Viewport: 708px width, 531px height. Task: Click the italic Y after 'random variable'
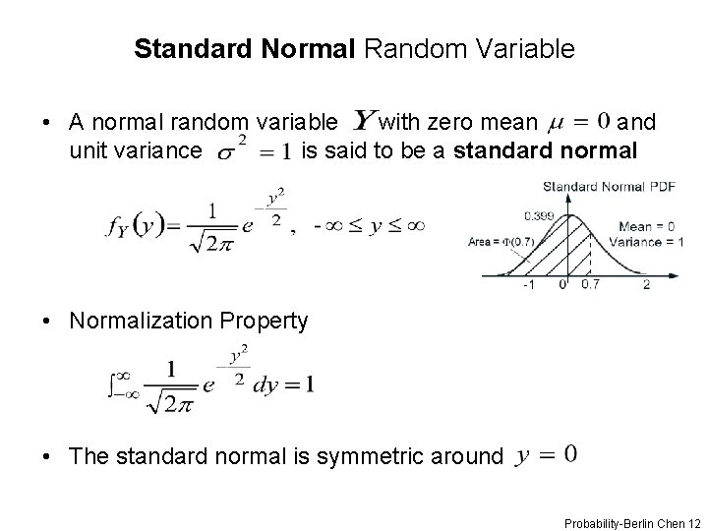(x=363, y=122)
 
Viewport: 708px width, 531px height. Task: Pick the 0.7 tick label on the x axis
(x=589, y=285)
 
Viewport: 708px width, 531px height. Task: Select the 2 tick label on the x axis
(x=646, y=285)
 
